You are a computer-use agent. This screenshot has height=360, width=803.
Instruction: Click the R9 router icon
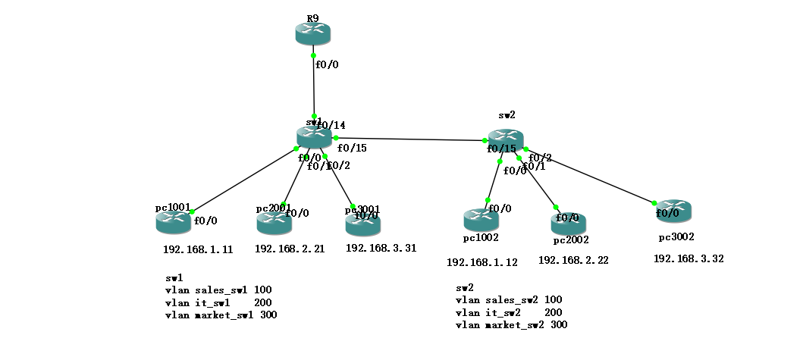click(313, 33)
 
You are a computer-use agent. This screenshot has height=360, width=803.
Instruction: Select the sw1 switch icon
click(314, 137)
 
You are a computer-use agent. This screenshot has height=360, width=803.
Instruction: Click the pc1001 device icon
click(174, 222)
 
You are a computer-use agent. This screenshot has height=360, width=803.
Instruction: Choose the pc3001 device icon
click(362, 224)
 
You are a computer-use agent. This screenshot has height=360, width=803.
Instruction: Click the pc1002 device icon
click(481, 221)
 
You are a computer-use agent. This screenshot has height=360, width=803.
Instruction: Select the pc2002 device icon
click(569, 223)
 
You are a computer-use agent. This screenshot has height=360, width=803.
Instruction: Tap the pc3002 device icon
click(674, 211)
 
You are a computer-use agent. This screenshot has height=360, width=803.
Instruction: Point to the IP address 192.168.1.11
click(198, 249)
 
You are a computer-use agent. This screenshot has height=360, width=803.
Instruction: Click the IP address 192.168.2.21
click(290, 249)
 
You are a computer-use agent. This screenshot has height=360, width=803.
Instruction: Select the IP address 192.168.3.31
click(381, 248)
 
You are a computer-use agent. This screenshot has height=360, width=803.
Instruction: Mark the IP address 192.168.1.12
click(481, 263)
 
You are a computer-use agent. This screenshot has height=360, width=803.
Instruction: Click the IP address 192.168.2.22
click(572, 260)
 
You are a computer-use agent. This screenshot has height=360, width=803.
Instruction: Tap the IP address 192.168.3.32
click(689, 258)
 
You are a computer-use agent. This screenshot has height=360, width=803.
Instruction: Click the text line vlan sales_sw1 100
click(218, 290)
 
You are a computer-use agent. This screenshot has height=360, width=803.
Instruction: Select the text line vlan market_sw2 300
click(511, 325)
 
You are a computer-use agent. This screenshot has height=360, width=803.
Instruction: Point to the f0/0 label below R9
click(327, 65)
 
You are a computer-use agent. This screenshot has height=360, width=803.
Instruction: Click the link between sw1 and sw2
click(409, 139)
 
